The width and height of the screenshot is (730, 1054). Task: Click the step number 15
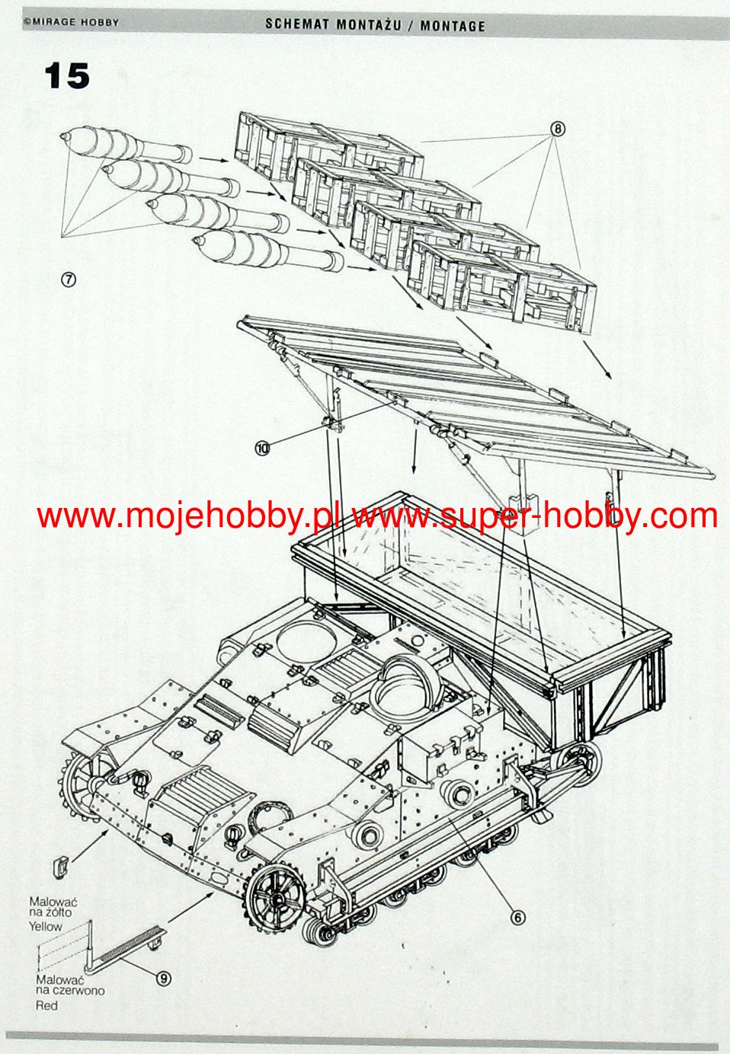tap(67, 76)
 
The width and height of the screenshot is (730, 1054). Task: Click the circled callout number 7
tap(69, 279)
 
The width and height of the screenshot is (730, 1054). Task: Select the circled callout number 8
tap(558, 129)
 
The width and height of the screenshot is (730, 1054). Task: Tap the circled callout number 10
tap(263, 449)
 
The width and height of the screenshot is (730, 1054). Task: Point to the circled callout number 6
tap(517, 918)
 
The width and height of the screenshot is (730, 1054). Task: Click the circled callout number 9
tap(163, 978)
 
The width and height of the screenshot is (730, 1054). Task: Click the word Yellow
tap(46, 927)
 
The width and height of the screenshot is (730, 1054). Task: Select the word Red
tap(46, 1005)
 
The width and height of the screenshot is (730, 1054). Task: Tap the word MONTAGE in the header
tap(453, 25)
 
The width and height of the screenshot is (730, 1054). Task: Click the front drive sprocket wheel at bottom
tap(275, 896)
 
